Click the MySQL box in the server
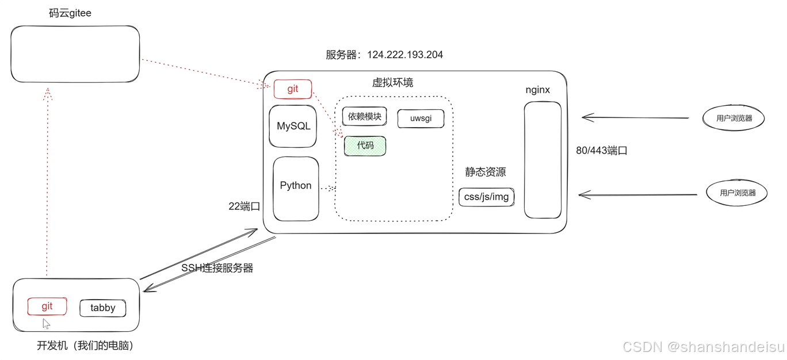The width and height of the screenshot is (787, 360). click(293, 126)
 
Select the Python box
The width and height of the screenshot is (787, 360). click(296, 189)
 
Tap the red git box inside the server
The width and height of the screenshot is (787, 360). click(293, 89)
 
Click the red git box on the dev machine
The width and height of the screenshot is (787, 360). click(47, 307)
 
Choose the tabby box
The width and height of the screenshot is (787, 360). click(102, 308)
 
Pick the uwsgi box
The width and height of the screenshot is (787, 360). click(421, 118)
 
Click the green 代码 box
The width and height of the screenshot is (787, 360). click(365, 145)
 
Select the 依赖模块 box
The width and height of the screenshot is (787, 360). click(365, 117)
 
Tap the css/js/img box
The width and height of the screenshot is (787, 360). click(486, 197)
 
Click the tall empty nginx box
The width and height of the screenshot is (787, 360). click(543, 160)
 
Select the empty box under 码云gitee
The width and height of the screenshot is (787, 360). click(75, 54)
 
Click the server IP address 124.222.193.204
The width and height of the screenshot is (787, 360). click(405, 55)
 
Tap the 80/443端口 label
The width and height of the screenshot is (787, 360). click(601, 151)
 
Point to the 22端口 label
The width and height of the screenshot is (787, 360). click(244, 206)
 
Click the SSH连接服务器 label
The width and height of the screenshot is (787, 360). click(217, 268)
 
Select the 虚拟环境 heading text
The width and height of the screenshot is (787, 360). click(392, 82)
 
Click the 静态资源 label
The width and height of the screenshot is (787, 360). click(486, 172)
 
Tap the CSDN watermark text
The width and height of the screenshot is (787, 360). click(704, 347)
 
